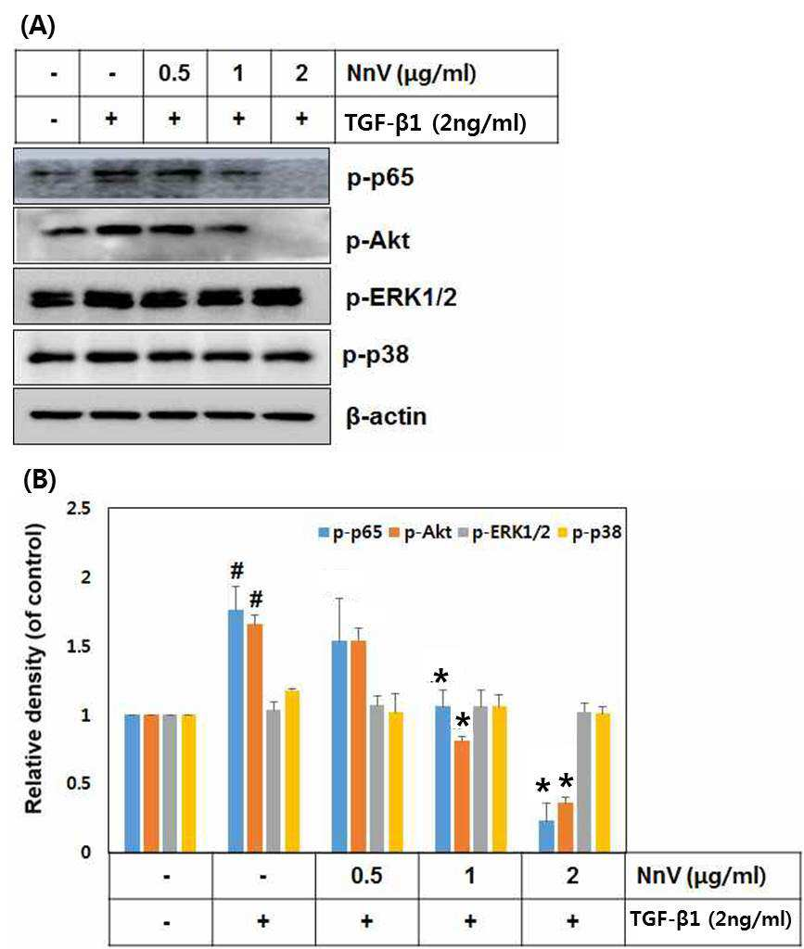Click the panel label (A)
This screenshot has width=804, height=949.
pyautogui.click(x=37, y=26)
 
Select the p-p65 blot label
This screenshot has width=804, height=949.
pyautogui.click(x=380, y=177)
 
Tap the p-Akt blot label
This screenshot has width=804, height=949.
pyautogui.click(x=377, y=240)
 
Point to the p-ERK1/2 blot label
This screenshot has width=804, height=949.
pyautogui.click(x=401, y=297)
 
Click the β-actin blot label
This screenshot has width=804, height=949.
pyautogui.click(x=387, y=416)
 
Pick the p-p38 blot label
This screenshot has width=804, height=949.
pyautogui.click(x=376, y=355)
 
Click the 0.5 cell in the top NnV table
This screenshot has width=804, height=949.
pyautogui.click(x=174, y=72)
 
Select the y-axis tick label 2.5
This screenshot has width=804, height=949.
pyautogui.click(x=78, y=509)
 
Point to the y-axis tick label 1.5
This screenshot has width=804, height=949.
pyautogui.click(x=78, y=646)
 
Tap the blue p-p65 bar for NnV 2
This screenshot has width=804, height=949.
pyautogui.click(x=547, y=837)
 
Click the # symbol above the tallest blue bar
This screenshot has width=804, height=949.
pyautogui.click(x=236, y=570)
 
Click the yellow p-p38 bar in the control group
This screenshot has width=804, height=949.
pyautogui.click(x=188, y=783)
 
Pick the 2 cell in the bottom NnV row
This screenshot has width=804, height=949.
pyautogui.click(x=573, y=875)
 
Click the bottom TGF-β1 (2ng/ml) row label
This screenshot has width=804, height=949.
pyautogui.click(x=710, y=920)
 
